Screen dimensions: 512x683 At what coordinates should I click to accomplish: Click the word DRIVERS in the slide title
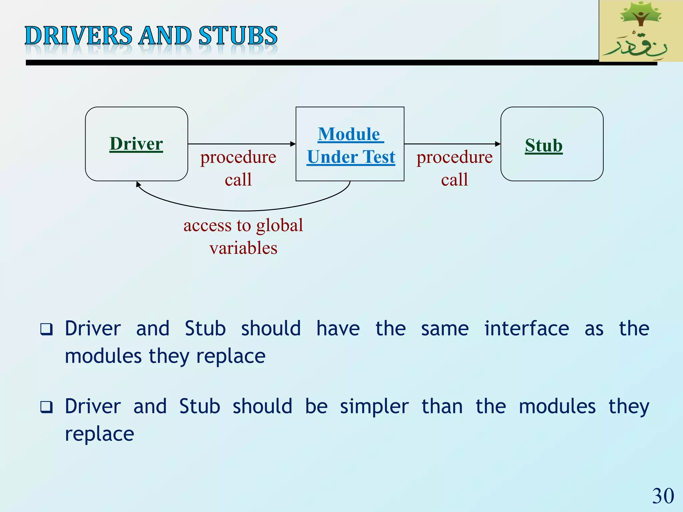[x=79, y=36]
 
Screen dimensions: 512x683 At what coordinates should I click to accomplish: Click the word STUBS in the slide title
[x=238, y=36]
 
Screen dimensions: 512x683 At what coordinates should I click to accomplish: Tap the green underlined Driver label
[x=136, y=144]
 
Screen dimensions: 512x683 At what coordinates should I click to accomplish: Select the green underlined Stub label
[x=544, y=146]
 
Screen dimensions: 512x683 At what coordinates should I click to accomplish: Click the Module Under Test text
[x=351, y=145]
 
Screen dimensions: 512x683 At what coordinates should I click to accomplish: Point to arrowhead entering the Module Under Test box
[x=293, y=144]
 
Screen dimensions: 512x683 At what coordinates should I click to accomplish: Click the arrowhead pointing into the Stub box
[x=498, y=144]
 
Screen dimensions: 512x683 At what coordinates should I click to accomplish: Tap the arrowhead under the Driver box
[x=138, y=184]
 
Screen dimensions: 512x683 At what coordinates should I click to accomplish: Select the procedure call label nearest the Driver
[x=238, y=168]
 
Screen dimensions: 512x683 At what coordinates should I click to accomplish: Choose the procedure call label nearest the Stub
[x=454, y=168]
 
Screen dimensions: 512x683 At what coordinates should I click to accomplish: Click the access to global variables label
[x=243, y=236]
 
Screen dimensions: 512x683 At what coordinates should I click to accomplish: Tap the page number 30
[x=663, y=496]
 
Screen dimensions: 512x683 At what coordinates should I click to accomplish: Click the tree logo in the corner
[x=640, y=31]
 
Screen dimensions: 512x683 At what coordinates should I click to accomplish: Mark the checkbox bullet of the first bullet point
[x=46, y=329]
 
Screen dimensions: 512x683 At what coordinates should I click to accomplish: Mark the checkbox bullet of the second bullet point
[x=46, y=407]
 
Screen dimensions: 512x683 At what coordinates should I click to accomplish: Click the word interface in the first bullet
[x=527, y=329]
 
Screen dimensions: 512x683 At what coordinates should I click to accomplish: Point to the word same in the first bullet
[x=445, y=329]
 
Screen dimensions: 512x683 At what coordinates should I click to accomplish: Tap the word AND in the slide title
[x=165, y=36]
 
